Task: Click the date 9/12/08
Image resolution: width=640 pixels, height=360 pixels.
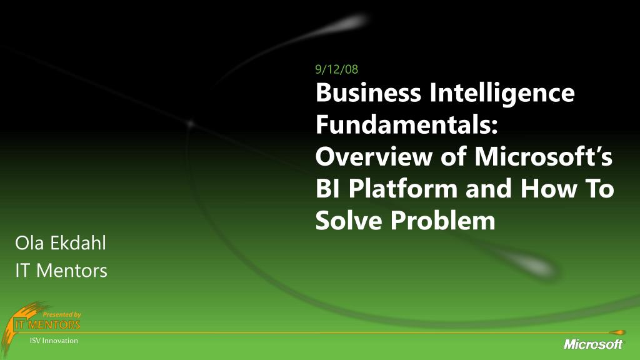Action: [x=337, y=69]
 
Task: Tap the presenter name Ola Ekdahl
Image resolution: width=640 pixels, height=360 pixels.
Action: [x=60, y=242]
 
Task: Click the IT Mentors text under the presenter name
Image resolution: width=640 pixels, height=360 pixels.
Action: [x=61, y=271]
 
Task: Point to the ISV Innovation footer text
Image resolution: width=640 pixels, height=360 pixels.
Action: [x=54, y=341]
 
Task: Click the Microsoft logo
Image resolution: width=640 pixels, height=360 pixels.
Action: [x=593, y=343]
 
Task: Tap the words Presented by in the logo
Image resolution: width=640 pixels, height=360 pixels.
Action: [x=62, y=314]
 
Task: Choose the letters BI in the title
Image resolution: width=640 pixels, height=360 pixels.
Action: [x=327, y=189]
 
